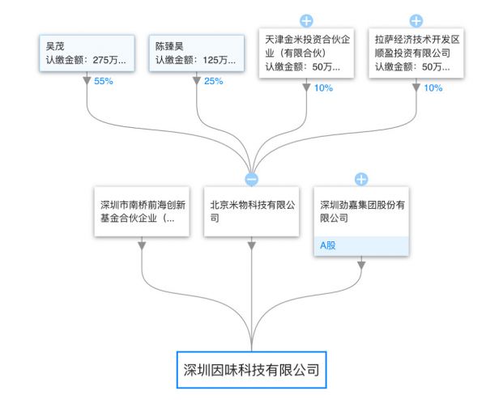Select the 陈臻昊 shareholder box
[197, 54]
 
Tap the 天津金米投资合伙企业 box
[305, 53]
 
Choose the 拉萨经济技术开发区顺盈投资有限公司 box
[416, 53]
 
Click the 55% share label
[103, 81]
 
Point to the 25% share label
[213, 81]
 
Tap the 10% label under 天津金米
[323, 87]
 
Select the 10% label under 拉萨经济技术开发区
[433, 87]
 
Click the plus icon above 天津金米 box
[306, 20]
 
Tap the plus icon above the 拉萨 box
[416, 20]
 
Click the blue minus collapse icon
[251, 179]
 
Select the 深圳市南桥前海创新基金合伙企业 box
[142, 211]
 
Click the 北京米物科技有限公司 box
[251, 211]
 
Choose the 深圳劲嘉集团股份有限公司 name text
[361, 211]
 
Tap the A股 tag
[327, 245]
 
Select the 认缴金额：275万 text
[84, 60]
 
